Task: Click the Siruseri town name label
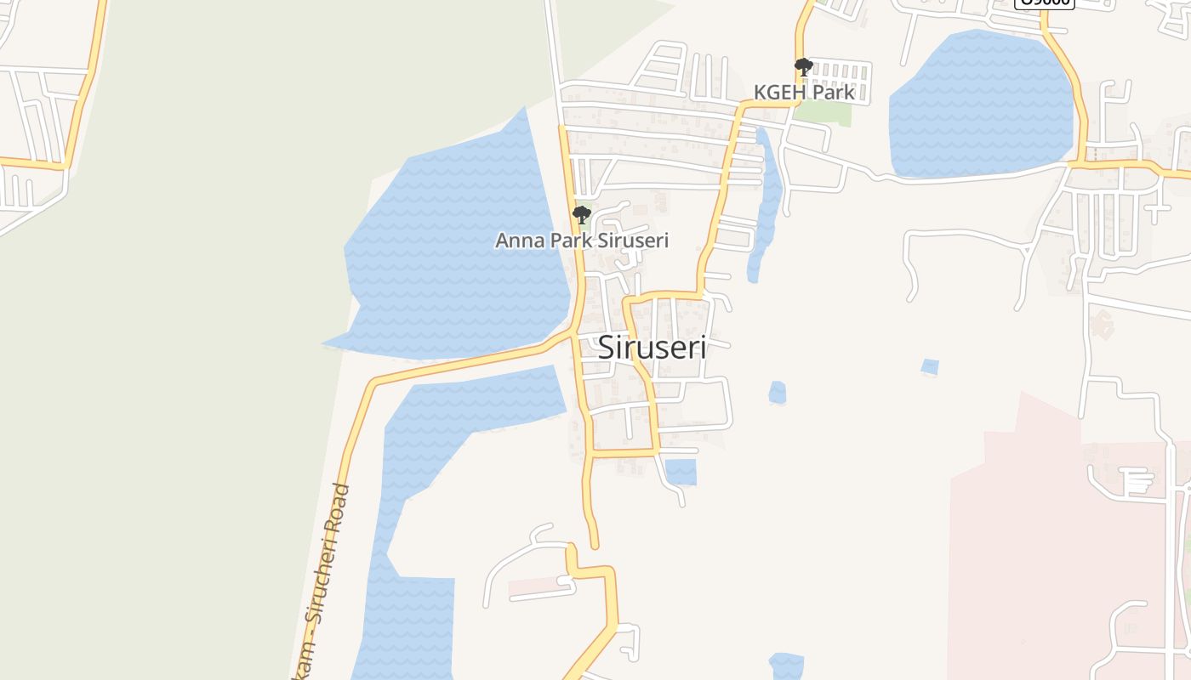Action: pyautogui.click(x=652, y=347)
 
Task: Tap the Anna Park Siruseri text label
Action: pyautogui.click(x=582, y=241)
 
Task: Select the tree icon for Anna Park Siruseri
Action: pyautogui.click(x=582, y=214)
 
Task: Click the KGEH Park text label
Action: pyautogui.click(x=804, y=92)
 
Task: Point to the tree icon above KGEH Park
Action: pyautogui.click(x=803, y=67)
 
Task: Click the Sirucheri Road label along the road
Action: pyautogui.click(x=328, y=578)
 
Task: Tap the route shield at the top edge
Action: pyautogui.click(x=1046, y=3)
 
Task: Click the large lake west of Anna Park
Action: pyautogui.click(x=451, y=255)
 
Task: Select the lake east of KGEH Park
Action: pyautogui.click(x=978, y=106)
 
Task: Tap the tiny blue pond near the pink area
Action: pyautogui.click(x=930, y=367)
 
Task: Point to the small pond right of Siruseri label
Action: pyautogui.click(x=778, y=393)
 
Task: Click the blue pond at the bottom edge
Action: pyautogui.click(x=786, y=666)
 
